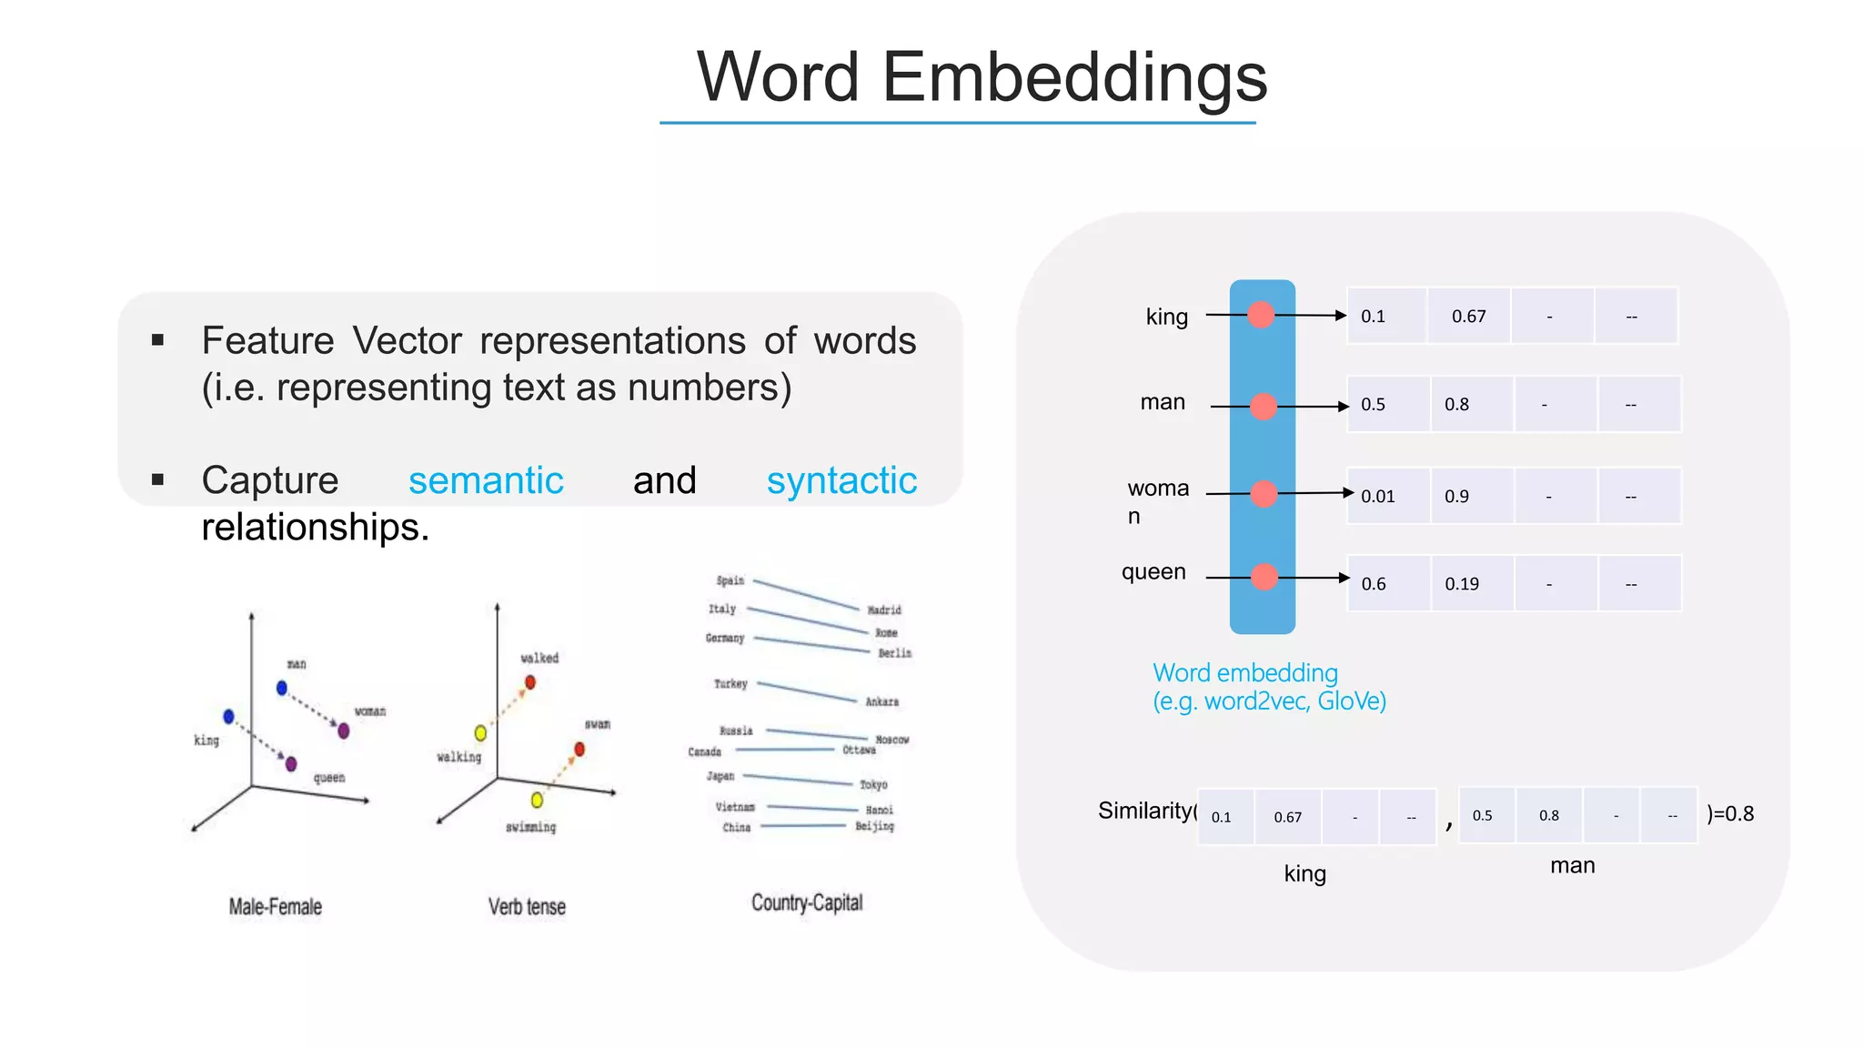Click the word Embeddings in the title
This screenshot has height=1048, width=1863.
pos(1074,77)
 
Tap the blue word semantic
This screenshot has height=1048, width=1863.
pos(486,480)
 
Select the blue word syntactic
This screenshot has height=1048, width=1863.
pos(841,480)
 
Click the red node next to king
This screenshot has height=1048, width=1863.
pos(1261,315)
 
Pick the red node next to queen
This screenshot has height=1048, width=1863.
pos(1264,577)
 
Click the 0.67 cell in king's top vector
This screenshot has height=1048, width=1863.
pos(1468,317)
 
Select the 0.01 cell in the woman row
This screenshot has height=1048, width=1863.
pos(1379,497)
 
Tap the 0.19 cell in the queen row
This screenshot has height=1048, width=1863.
pos(1462,584)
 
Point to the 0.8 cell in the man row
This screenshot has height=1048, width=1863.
pos(1457,405)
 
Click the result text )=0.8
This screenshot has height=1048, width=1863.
pos(1730,813)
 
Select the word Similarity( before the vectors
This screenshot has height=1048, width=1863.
pos(1146,811)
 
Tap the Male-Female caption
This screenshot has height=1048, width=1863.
pos(276,907)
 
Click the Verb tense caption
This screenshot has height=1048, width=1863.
pos(527,907)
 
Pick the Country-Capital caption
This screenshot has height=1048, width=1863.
pos(807,902)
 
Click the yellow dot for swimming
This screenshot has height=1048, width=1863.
pos(537,800)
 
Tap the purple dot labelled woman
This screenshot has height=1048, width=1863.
pos(343,731)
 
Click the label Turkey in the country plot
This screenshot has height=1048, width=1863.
pos(730,683)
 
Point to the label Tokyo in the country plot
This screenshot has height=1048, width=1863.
pos(873,784)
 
